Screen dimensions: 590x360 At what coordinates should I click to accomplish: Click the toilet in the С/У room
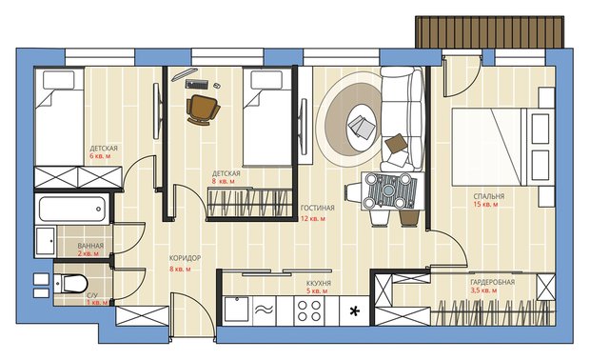(x=70, y=283)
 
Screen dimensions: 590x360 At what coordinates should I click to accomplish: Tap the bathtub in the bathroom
(x=71, y=209)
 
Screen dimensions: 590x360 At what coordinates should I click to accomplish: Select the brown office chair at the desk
(x=203, y=109)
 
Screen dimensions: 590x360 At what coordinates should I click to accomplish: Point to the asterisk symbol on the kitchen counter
(x=354, y=311)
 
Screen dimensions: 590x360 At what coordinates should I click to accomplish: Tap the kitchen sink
(x=237, y=310)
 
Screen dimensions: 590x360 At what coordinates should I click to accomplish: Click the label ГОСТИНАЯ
(x=318, y=208)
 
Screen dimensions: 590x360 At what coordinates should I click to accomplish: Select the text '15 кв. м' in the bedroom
(x=485, y=204)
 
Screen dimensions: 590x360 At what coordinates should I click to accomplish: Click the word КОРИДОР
(x=185, y=258)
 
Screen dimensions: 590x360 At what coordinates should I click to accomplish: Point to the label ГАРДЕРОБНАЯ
(x=492, y=282)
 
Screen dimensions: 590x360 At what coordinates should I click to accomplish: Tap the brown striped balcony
(x=489, y=32)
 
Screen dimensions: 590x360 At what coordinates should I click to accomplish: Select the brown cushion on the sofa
(x=396, y=143)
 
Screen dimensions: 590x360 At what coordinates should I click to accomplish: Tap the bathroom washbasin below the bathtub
(x=46, y=241)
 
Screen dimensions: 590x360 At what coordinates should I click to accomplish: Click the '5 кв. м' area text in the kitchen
(x=317, y=291)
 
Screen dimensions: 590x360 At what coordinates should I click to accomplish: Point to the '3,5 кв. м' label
(x=483, y=290)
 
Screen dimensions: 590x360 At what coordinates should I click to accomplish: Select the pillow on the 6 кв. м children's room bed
(x=59, y=80)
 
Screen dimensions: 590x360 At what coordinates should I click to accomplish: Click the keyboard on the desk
(x=197, y=84)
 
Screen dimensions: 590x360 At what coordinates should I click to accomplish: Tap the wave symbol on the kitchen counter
(x=265, y=310)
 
